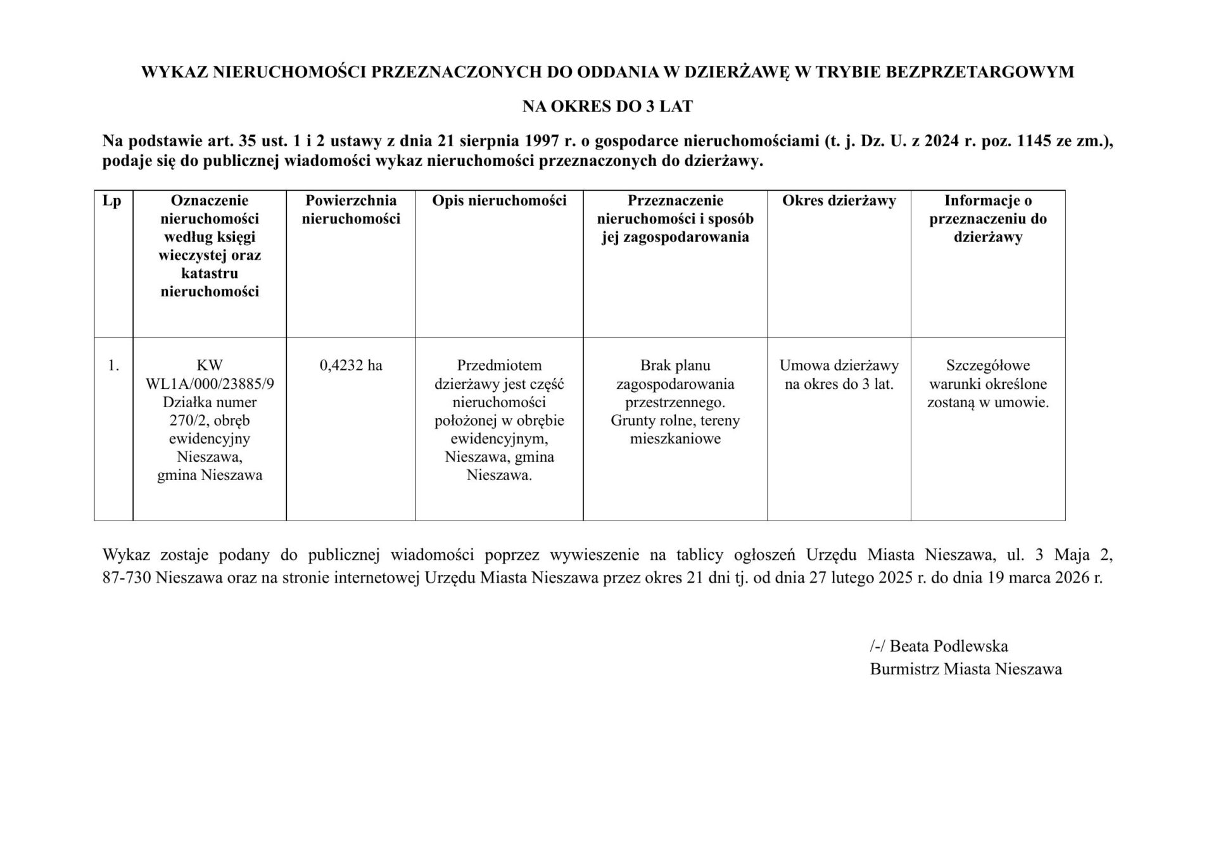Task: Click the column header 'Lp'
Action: pyautogui.click(x=112, y=201)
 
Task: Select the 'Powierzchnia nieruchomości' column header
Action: pyautogui.click(x=351, y=210)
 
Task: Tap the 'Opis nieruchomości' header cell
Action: pyautogui.click(x=499, y=201)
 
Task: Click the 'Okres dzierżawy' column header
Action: pyautogui.click(x=839, y=201)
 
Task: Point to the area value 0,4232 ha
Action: pyautogui.click(x=351, y=365)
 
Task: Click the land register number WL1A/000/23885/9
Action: pyautogui.click(x=210, y=384)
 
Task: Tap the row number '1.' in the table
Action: pyautogui.click(x=113, y=365)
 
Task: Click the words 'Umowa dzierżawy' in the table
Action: pyautogui.click(x=839, y=365)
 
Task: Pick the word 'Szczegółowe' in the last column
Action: pyautogui.click(x=987, y=365)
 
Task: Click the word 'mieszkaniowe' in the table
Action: pyautogui.click(x=675, y=439)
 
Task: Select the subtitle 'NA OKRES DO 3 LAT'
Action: pyautogui.click(x=607, y=107)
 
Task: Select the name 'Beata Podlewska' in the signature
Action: pyautogui.click(x=948, y=646)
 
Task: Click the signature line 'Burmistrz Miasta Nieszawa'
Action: pyautogui.click(x=965, y=669)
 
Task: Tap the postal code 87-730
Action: pyautogui.click(x=127, y=578)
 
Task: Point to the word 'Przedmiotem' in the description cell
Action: pyautogui.click(x=499, y=365)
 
